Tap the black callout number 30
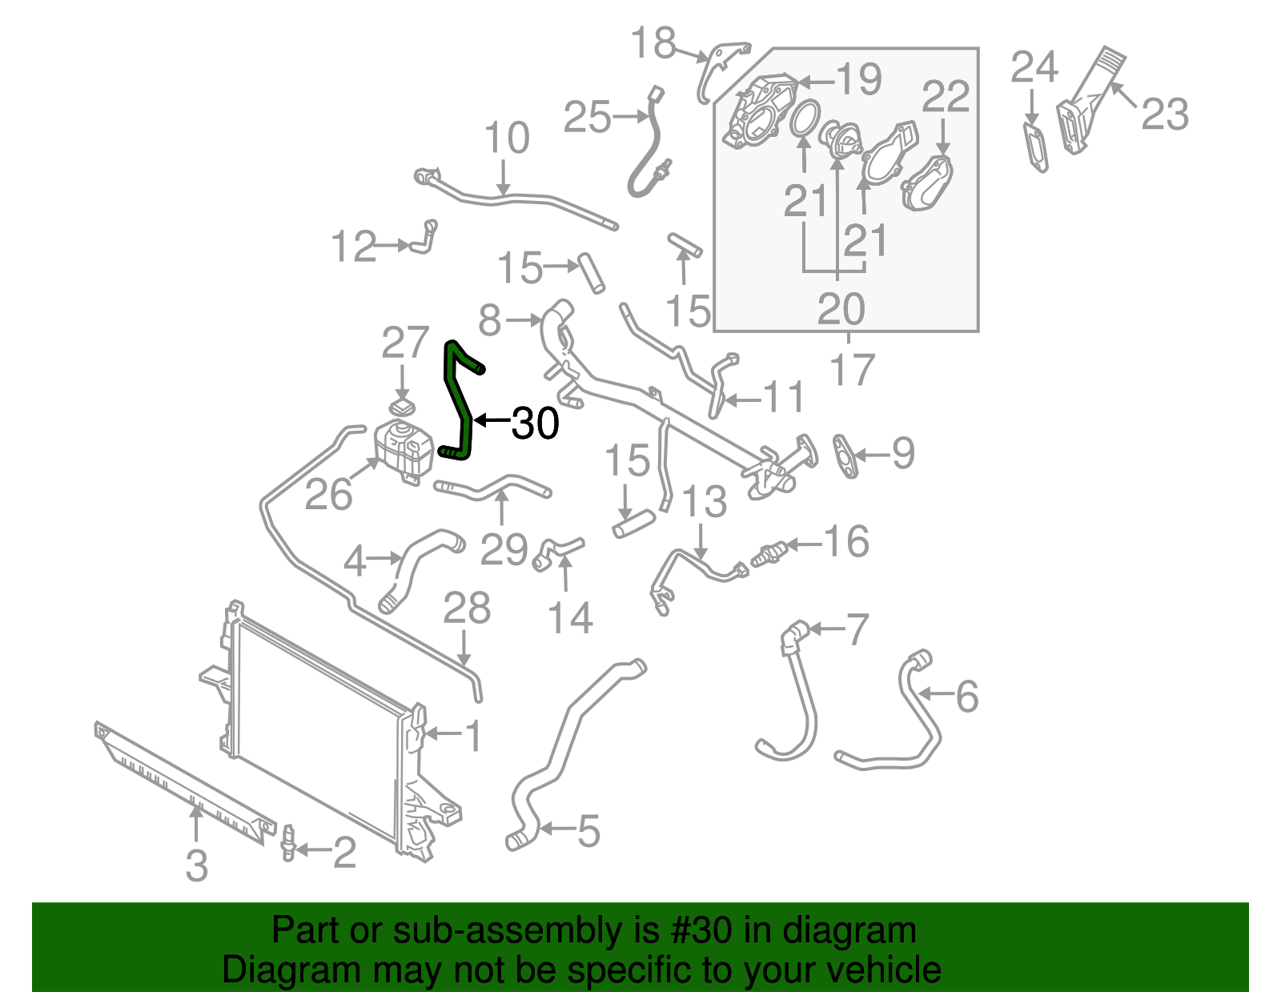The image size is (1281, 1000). [535, 423]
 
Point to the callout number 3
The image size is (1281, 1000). [196, 866]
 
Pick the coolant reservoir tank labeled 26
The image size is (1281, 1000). [403, 449]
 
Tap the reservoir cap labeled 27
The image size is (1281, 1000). [403, 406]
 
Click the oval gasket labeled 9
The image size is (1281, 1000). [845, 456]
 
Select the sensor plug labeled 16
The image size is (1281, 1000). [769, 553]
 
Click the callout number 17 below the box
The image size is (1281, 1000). [852, 370]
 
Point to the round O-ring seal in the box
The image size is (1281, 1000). [804, 118]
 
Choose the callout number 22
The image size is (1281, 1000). [946, 98]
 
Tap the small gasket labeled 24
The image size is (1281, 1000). [1037, 146]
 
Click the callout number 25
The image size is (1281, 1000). [587, 118]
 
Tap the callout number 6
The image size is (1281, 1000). [966, 696]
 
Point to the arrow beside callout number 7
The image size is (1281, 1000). [826, 629]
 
